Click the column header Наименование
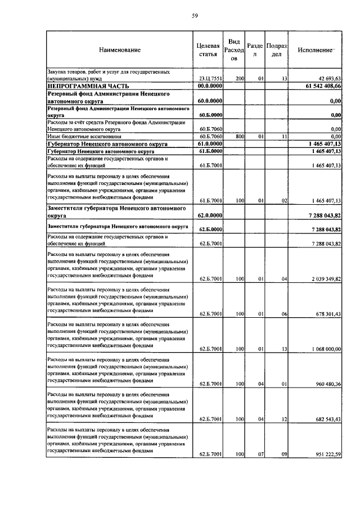[120, 50]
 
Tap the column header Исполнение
[316, 50]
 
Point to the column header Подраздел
[277, 50]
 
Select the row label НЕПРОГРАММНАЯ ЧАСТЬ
[88, 85]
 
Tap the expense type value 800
[238, 136]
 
